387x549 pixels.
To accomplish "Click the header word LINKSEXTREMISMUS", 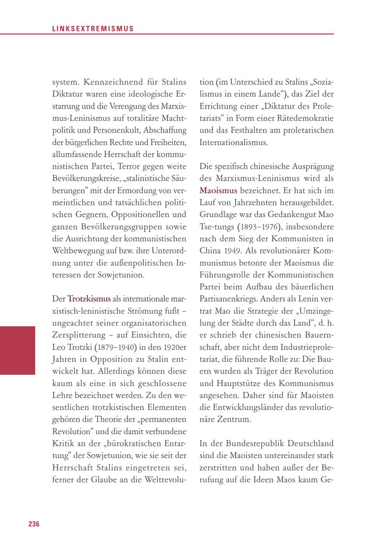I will [93, 29].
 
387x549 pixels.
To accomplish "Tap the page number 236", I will [34, 524].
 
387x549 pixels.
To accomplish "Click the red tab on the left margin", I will [18, 350].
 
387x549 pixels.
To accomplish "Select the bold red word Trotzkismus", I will [89, 299].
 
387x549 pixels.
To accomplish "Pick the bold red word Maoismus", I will [218, 190].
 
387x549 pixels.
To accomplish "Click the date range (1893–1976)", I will [246, 226].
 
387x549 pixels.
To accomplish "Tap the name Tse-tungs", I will [215, 226].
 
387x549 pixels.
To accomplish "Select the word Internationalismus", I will [233, 142].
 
